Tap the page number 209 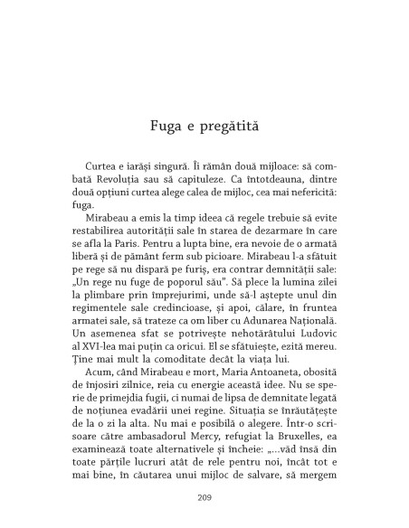(x=204, y=496)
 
